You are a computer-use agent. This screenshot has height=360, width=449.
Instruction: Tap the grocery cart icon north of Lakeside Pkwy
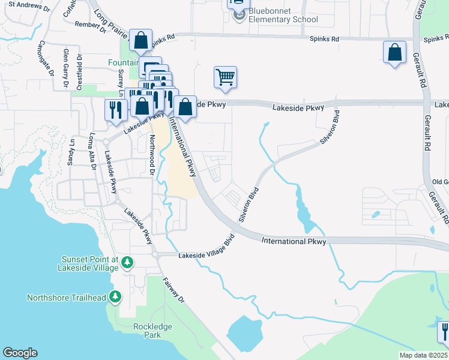coord(225,77)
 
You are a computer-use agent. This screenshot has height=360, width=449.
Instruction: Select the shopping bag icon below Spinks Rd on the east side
coord(394,52)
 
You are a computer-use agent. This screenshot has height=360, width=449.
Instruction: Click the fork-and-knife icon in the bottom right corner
coord(444,331)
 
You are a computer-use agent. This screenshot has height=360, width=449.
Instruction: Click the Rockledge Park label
coord(152,331)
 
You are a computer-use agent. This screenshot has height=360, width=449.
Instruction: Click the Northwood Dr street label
coord(152,154)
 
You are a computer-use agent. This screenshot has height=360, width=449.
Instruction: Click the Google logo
coord(20,353)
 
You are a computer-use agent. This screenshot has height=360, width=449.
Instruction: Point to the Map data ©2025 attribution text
coord(423,355)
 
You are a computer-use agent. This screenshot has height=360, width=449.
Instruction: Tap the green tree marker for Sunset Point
coord(127,262)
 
